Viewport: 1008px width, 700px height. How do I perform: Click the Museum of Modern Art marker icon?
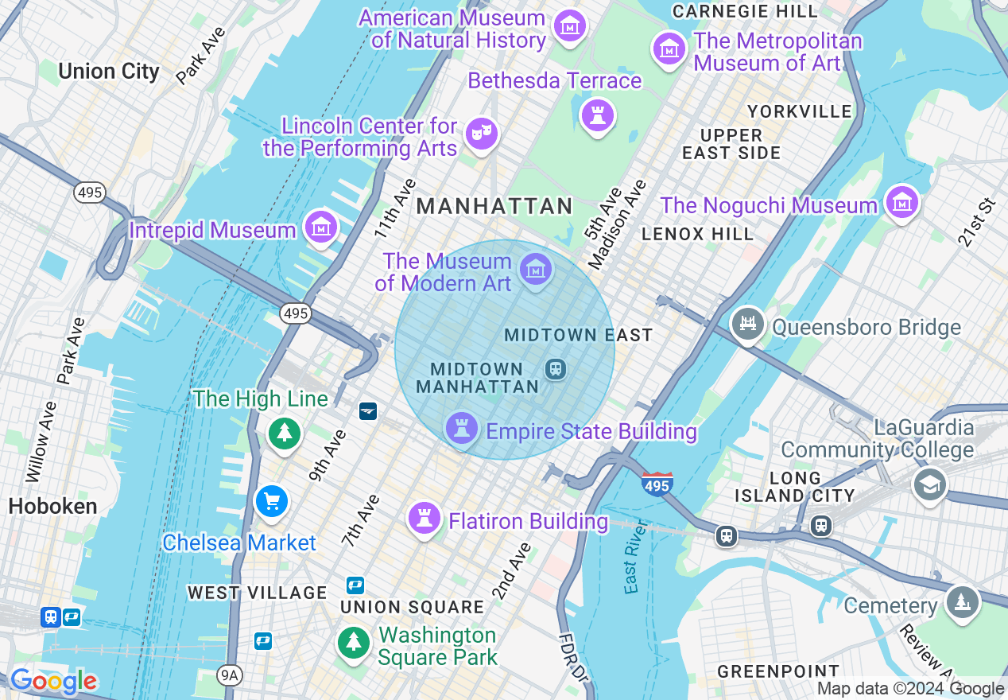[x=536, y=270]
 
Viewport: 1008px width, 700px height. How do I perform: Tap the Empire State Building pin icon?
[x=461, y=428]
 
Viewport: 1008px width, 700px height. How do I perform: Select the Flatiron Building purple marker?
[x=424, y=519]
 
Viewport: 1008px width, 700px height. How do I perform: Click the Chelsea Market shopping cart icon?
[x=272, y=501]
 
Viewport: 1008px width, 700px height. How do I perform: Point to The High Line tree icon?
[x=284, y=434]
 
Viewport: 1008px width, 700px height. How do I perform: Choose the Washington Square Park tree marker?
[x=353, y=642]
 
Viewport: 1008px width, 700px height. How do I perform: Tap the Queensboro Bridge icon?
[x=747, y=324]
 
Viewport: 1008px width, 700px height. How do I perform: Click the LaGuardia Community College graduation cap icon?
[x=929, y=483]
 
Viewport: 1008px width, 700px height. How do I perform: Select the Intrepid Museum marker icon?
[x=320, y=228]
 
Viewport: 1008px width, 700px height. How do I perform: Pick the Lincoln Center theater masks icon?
[x=481, y=133]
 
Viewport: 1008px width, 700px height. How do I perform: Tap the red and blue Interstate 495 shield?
[x=657, y=483]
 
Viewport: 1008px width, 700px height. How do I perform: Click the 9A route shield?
[x=229, y=675]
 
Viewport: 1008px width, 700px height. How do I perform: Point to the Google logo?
[x=53, y=681]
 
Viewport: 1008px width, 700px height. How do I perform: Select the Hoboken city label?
[x=52, y=506]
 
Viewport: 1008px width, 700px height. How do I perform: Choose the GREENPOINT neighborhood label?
[x=778, y=671]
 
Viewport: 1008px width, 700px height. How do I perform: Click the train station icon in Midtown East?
[x=555, y=368]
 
